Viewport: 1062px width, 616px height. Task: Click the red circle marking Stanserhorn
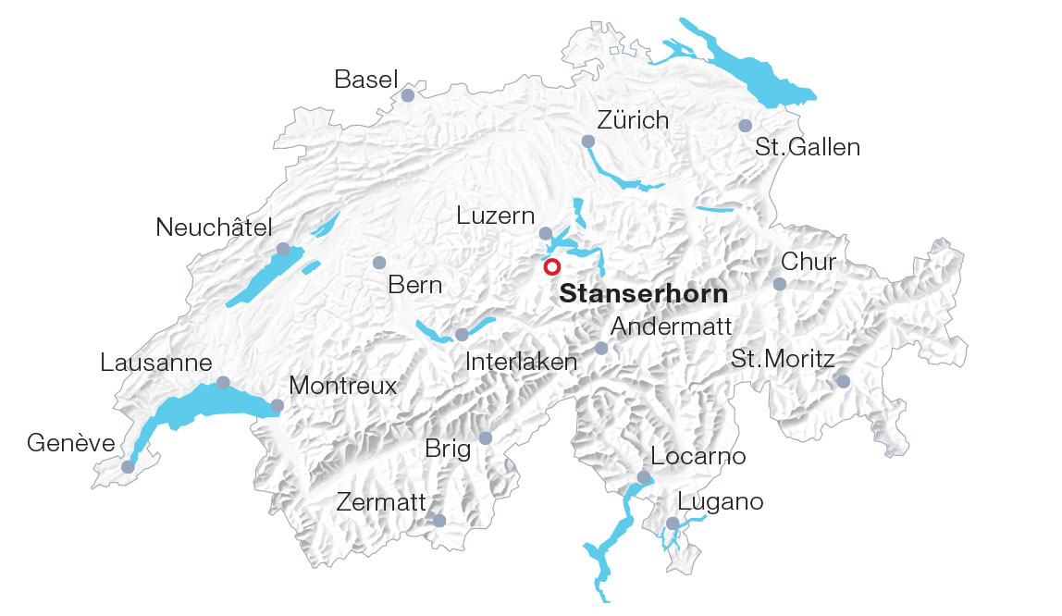[x=551, y=267]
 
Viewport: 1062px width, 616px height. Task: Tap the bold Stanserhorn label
[x=644, y=294]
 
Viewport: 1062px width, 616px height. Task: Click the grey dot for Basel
[x=408, y=94]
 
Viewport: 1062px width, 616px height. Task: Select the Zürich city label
[x=633, y=120]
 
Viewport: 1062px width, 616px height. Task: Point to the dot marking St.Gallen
[x=746, y=125]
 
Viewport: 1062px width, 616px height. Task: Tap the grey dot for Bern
[x=378, y=263]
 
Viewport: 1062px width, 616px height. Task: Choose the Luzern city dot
[x=546, y=233]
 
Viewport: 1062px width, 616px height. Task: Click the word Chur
[x=809, y=262]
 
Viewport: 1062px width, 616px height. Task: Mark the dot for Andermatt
[x=601, y=348]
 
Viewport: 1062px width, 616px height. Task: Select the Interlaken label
[x=521, y=362]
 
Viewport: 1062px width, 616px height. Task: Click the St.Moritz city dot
[x=843, y=381]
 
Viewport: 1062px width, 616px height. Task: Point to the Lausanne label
[x=156, y=363]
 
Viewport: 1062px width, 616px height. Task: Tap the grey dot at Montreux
[x=277, y=405]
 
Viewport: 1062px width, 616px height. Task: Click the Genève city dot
[x=128, y=467]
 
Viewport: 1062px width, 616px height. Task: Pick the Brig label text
[x=448, y=450]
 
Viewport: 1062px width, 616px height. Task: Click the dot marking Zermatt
[x=439, y=521]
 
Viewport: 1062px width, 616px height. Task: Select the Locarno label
[x=698, y=456]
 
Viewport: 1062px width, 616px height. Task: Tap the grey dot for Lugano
[x=673, y=524]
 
